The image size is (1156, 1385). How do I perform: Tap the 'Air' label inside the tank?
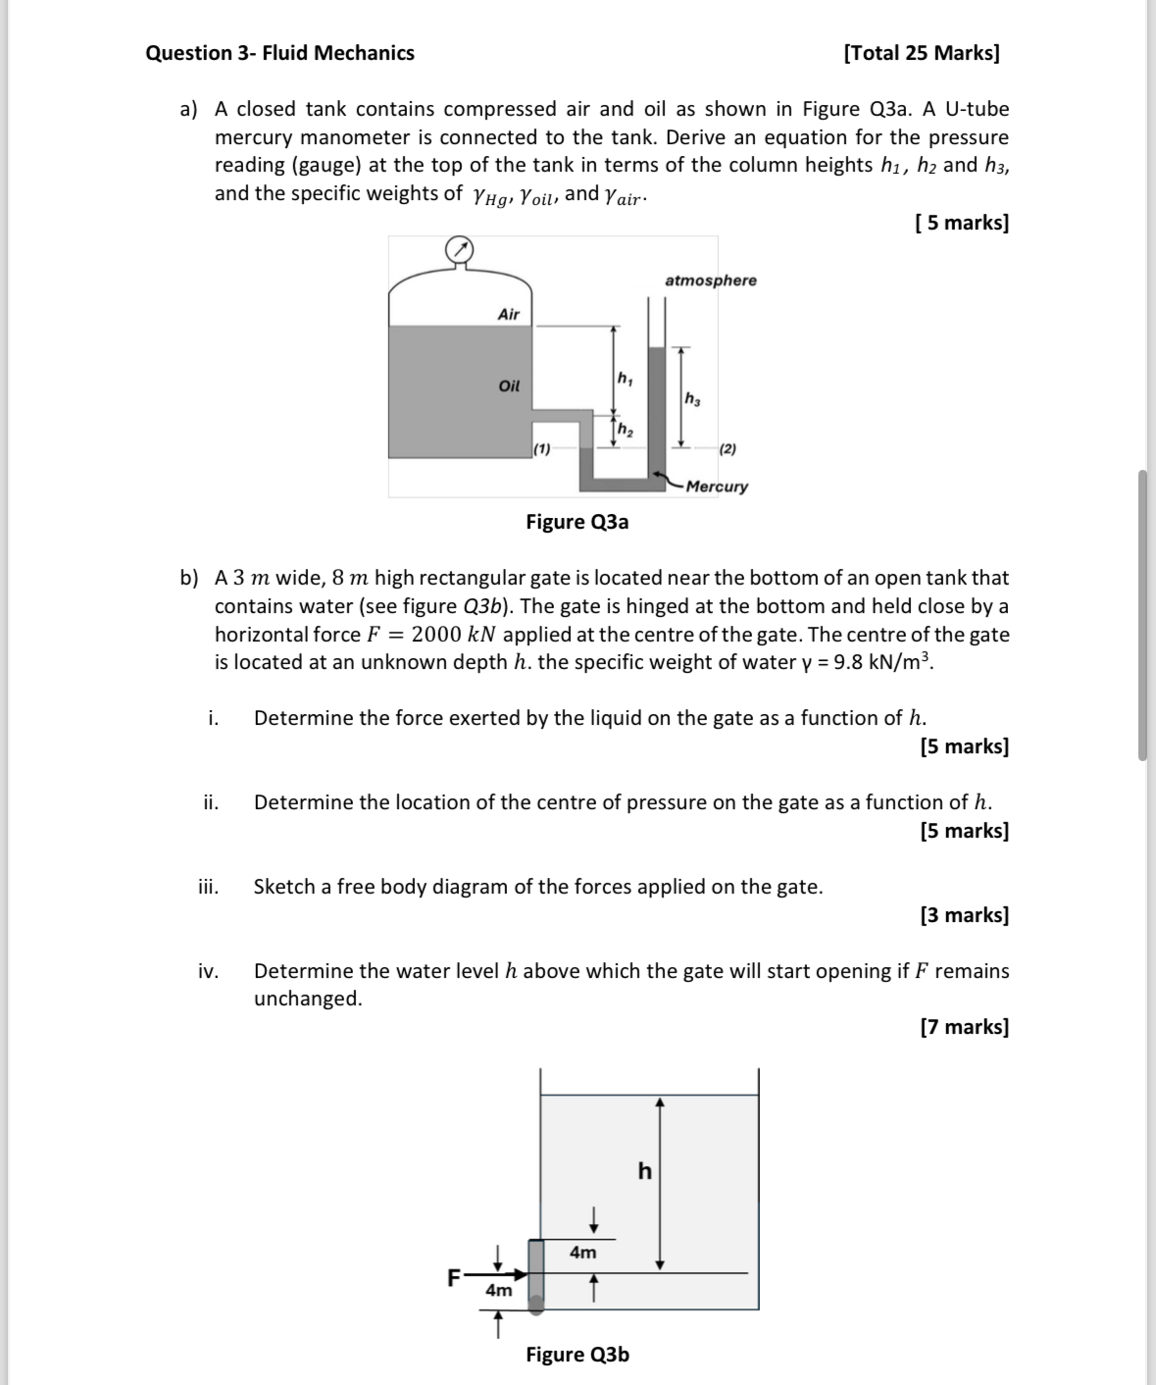[x=509, y=314]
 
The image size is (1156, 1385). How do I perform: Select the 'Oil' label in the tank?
[x=509, y=385]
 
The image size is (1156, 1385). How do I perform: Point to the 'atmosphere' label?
[x=711, y=281]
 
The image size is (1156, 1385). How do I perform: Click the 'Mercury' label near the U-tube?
[x=717, y=487]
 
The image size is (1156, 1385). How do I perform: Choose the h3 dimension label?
[x=692, y=399]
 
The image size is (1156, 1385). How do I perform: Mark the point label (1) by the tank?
[x=541, y=449]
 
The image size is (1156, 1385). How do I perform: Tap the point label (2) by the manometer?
[x=728, y=449]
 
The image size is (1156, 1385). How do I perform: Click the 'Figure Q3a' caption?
[x=578, y=522]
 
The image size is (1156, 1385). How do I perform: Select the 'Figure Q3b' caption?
[x=578, y=1355]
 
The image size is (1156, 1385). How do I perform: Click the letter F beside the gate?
[x=453, y=1277]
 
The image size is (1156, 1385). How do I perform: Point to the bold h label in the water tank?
[x=644, y=1171]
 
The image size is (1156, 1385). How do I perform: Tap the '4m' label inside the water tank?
[x=582, y=1253]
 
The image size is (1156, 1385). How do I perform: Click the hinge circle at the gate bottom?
[x=536, y=1306]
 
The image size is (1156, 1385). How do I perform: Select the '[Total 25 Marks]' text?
[x=922, y=53]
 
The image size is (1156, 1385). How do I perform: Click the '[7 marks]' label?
[x=965, y=1027]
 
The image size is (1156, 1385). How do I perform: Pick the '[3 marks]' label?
[x=965, y=915]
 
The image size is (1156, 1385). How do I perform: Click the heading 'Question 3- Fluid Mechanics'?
[x=279, y=53]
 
